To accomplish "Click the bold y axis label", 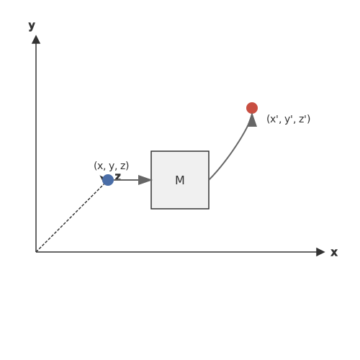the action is [32, 26].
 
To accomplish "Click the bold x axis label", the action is [334, 253].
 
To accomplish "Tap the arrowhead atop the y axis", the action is [36, 40].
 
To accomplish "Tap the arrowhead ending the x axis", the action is [320, 252].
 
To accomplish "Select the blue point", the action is [108, 180].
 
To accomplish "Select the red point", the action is [252, 108].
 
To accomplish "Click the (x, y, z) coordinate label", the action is [112, 166].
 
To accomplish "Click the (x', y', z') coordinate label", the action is [288, 119].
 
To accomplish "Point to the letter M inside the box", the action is [180, 180].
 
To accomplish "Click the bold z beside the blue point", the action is [117, 176].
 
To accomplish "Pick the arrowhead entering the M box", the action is [145, 180].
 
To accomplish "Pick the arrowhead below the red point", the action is [252, 120].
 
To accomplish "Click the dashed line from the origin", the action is [70, 217].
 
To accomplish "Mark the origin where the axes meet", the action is [36, 252].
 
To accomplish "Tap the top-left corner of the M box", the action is [151, 151].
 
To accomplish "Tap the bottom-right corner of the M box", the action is [209, 209].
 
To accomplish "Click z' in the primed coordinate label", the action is [302, 119].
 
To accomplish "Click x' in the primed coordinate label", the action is [274, 119].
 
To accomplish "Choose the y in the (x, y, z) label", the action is [112, 166].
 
